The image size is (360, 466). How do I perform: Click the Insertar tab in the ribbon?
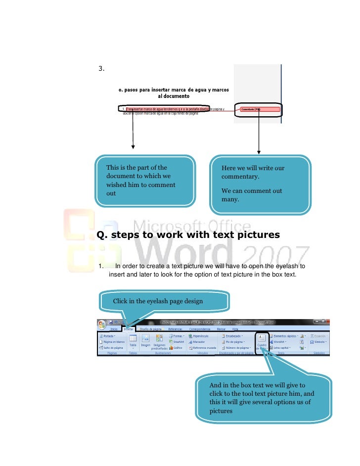tap(129, 328)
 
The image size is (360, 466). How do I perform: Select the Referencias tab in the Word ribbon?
tap(176, 328)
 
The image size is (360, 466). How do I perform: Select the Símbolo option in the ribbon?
tap(318, 342)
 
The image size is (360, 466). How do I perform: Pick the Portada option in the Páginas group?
tap(108, 336)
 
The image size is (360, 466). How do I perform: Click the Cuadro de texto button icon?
tap(262, 338)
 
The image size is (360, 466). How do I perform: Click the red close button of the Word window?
tap(326, 322)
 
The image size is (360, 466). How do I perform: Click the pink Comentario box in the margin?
tap(259, 109)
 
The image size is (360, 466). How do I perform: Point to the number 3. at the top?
tap(101, 69)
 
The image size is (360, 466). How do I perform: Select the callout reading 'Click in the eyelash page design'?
tap(165, 301)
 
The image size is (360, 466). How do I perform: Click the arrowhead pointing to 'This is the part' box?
tap(133, 147)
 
